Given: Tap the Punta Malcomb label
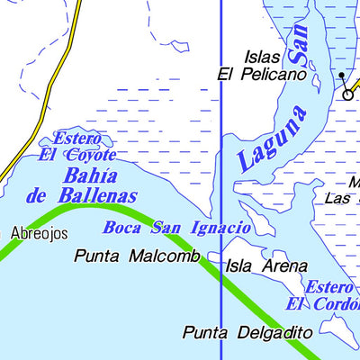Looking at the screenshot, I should coord(137,256).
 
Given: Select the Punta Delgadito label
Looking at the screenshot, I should coord(247,332).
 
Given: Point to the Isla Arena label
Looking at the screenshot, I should coord(266,266).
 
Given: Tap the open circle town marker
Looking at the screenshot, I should coord(347,93).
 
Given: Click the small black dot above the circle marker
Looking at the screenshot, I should coord(341,75).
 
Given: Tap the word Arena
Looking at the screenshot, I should coord(287,266).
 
